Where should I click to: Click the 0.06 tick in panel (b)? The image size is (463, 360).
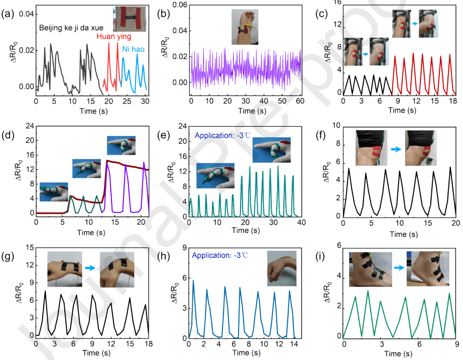click(180, 5)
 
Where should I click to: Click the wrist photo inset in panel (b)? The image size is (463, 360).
click(244, 28)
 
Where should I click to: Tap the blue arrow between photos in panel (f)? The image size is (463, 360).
click(396, 149)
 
